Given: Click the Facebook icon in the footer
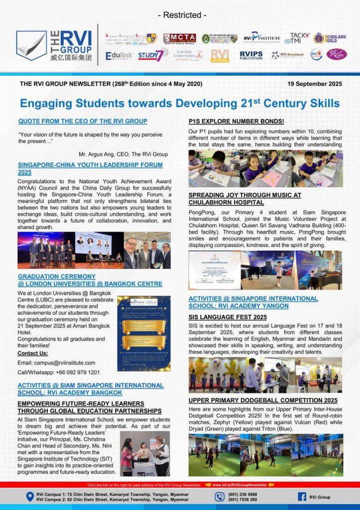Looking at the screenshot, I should [x=302, y=497].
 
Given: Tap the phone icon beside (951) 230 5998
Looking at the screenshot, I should [x=220, y=497].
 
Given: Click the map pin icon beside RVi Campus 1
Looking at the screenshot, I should [x=30, y=497].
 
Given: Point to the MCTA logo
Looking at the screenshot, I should [x=180, y=38].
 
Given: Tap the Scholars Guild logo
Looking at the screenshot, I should [x=329, y=38].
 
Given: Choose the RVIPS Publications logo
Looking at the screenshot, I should [x=251, y=55].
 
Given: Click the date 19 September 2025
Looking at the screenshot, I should [x=315, y=84].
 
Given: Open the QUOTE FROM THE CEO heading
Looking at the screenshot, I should [x=83, y=121].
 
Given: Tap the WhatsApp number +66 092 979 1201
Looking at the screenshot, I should [x=75, y=372].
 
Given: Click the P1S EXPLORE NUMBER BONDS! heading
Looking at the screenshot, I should [x=236, y=121].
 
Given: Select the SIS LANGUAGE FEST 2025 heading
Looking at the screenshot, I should [x=228, y=317].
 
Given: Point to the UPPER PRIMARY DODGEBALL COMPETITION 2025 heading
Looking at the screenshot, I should [x=263, y=400].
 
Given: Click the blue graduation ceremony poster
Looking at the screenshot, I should [x=143, y=333].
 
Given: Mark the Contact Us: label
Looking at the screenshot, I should [x=33, y=353].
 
